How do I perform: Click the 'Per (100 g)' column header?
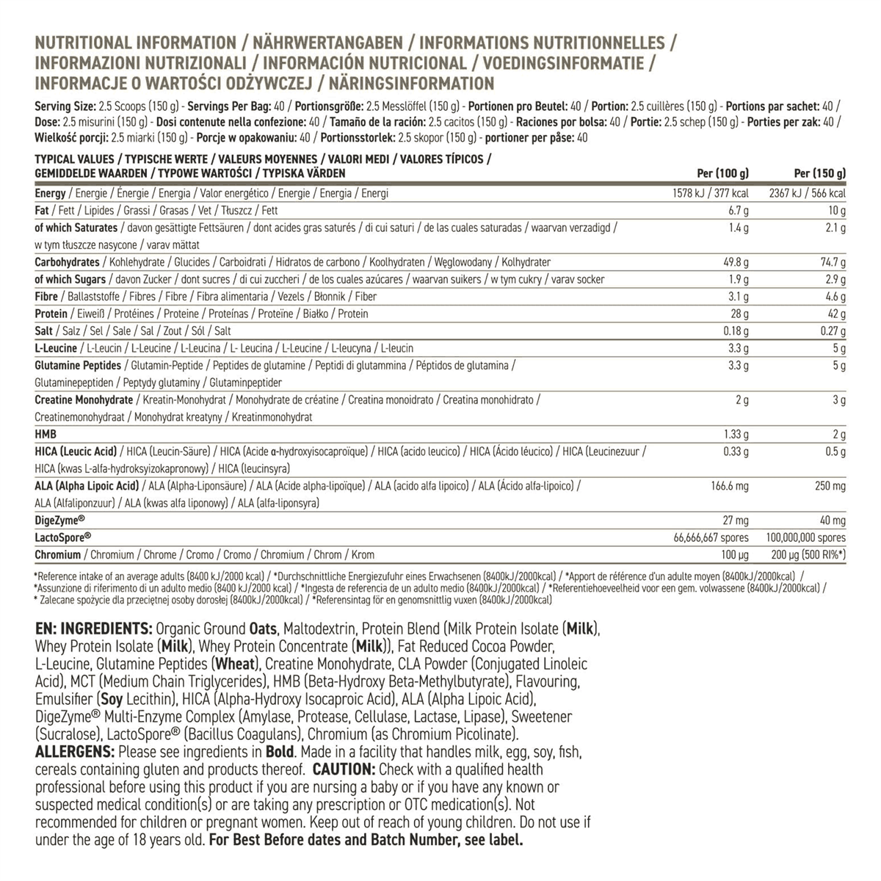coord(722,174)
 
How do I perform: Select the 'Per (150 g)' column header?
coord(820,174)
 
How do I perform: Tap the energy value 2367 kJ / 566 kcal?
coord(807,193)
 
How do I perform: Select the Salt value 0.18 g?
coord(735,331)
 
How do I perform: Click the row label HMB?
coord(46,434)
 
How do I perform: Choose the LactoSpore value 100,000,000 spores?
coord(805,538)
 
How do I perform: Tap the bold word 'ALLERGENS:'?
coord(74,752)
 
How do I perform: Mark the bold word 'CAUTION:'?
coord(344,769)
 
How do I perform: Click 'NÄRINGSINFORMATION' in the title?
coord(408,83)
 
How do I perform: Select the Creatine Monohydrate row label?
coord(84,400)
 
